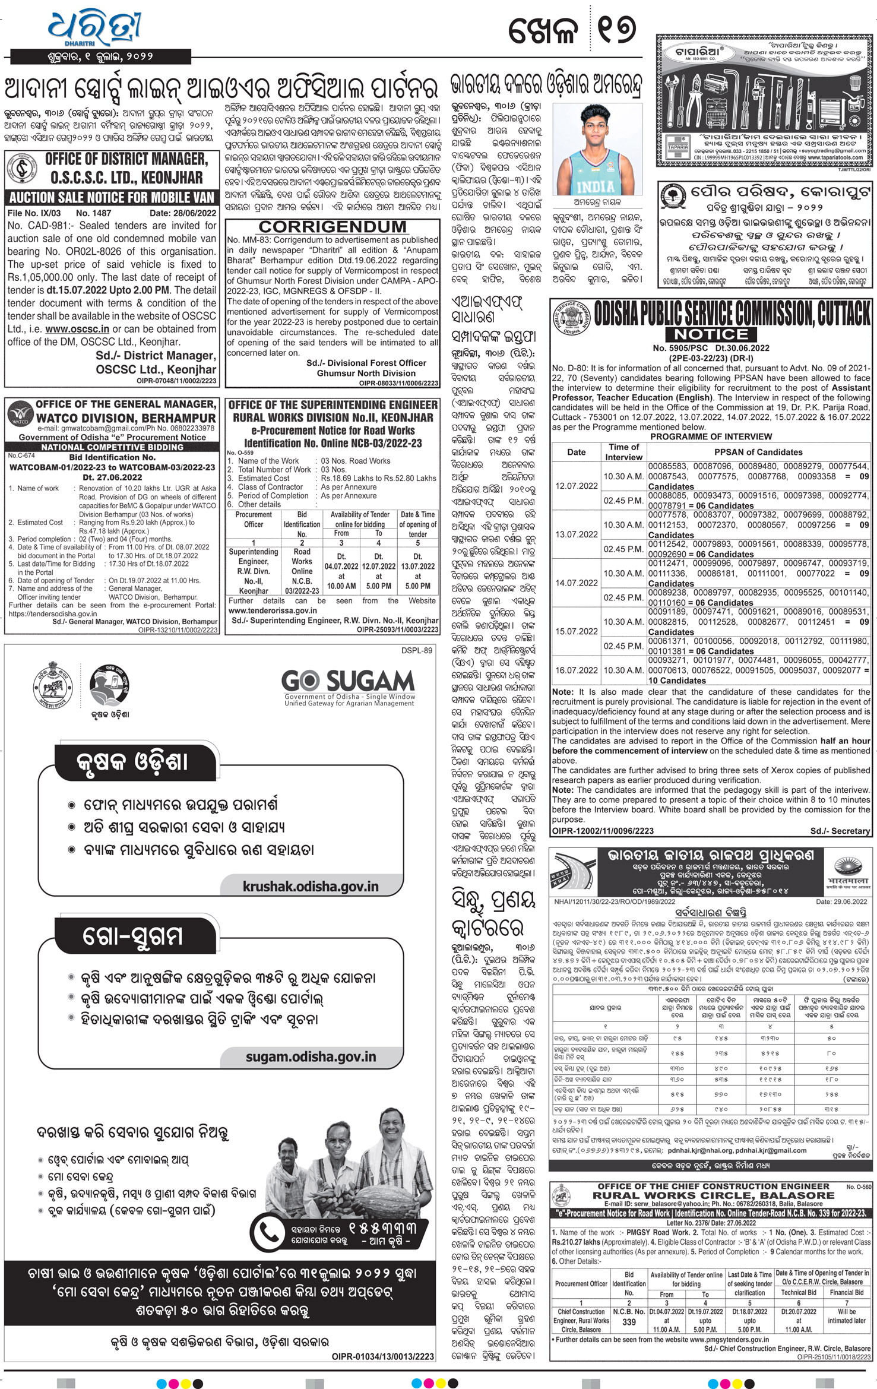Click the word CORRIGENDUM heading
333,227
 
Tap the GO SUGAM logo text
349,681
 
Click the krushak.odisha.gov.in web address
310,886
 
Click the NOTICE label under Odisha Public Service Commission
711,334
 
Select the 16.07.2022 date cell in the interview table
576,670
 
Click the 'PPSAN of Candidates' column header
758,452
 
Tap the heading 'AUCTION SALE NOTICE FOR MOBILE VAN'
112,198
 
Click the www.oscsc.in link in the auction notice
77,329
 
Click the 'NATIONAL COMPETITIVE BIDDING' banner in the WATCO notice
112,447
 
